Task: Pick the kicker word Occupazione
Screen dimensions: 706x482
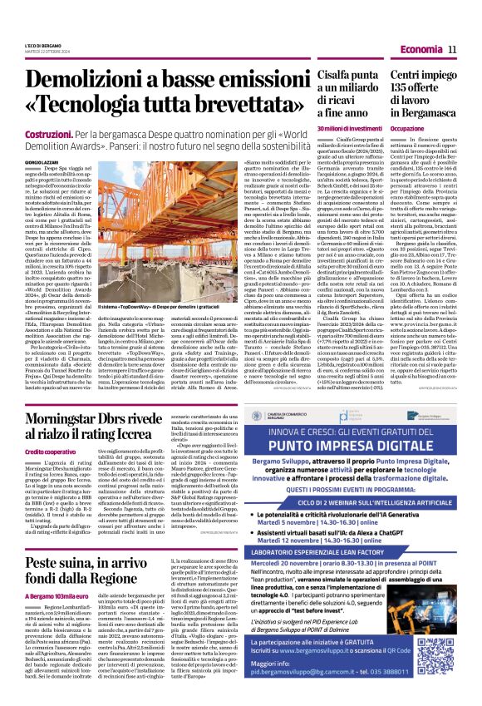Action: coord(406,130)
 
